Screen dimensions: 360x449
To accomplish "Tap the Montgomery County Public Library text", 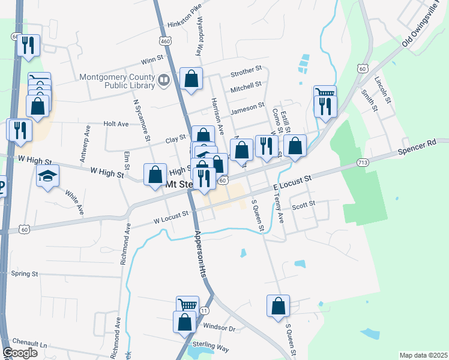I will click(116, 81).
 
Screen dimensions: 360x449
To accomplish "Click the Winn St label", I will click(152, 60).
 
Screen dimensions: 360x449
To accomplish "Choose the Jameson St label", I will click(247, 107).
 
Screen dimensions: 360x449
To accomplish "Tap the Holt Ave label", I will click(116, 124).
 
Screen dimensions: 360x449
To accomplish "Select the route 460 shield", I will click(165, 41).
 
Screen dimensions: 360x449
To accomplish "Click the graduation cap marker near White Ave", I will click(47, 176).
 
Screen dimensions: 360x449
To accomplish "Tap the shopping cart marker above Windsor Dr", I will click(187, 305).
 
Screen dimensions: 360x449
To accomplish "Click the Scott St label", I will click(303, 205).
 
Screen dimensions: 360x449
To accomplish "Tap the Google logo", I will click(20, 353).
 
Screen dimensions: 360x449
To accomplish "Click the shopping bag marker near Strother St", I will click(191, 79).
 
